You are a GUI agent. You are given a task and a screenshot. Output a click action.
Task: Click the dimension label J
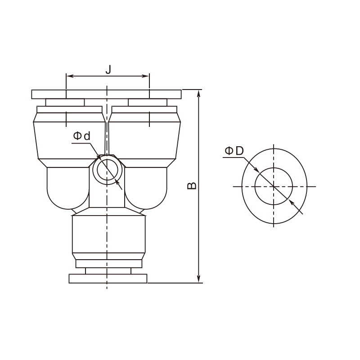[x=108, y=69]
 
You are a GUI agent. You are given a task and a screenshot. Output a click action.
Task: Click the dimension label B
[x=192, y=186]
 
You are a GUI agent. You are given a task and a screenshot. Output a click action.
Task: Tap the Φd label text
[x=82, y=136]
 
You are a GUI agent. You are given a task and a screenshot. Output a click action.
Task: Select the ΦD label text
[x=234, y=151]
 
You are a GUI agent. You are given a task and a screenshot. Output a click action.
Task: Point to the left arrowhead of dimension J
[x=70, y=76]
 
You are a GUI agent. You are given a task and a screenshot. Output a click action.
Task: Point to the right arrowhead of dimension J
[x=146, y=76]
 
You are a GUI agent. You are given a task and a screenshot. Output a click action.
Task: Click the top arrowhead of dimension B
[x=199, y=94]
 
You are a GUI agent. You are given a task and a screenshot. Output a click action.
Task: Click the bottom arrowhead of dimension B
[x=199, y=279]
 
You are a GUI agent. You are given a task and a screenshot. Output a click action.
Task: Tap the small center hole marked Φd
[x=108, y=170]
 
